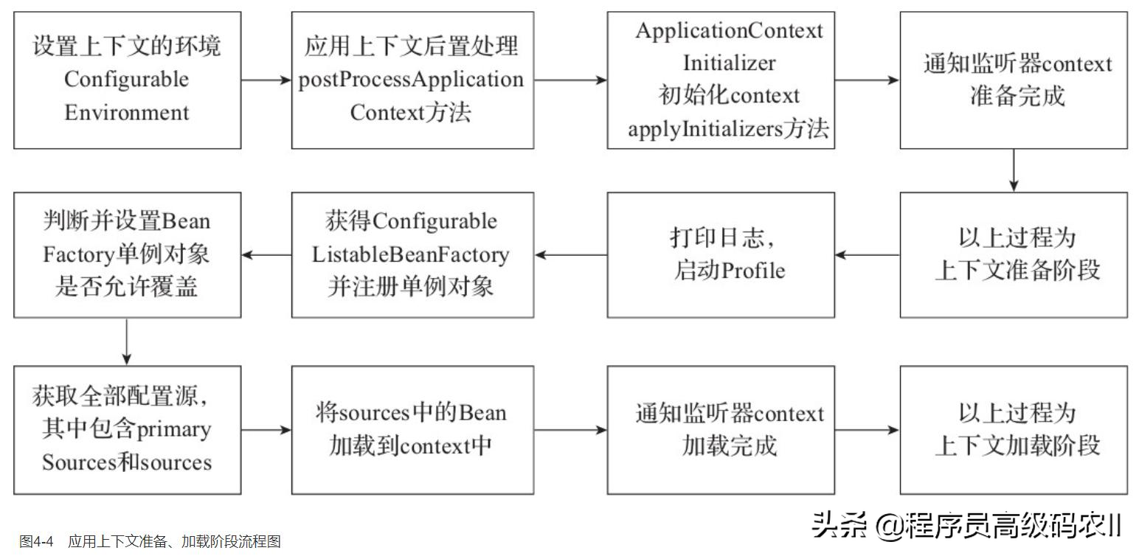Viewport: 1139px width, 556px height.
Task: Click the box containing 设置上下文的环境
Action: pyautogui.click(x=127, y=80)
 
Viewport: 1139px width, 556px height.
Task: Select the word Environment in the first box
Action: pyautogui.click(x=127, y=113)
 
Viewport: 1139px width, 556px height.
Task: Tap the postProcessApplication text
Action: pyautogui.click(x=412, y=80)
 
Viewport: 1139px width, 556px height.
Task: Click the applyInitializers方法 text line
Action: pyautogui.click(x=728, y=130)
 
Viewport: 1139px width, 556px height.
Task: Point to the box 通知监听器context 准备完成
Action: pyautogui.click(x=1014, y=80)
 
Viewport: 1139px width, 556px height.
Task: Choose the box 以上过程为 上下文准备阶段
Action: pyautogui.click(x=1014, y=254)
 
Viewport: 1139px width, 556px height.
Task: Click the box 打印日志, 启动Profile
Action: pyautogui.click(x=721, y=254)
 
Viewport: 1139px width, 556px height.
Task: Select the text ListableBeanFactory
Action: pyautogui.click(x=412, y=254)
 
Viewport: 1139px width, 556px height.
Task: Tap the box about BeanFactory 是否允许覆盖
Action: pyautogui.click(x=127, y=254)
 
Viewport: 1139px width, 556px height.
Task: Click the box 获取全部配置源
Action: pyautogui.click(x=127, y=430)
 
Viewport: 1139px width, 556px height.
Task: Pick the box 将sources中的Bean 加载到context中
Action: pyautogui.click(x=412, y=430)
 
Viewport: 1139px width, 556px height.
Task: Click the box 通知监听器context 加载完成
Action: pyautogui.click(x=721, y=430)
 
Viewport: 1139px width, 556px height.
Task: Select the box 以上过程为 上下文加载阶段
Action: pyautogui.click(x=1014, y=430)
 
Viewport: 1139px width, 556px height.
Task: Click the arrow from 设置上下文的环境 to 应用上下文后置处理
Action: pyautogui.click(x=266, y=80)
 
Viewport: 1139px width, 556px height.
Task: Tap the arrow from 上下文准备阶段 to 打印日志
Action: pyautogui.click(x=867, y=255)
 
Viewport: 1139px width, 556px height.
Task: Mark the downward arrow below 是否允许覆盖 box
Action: pyautogui.click(x=127, y=341)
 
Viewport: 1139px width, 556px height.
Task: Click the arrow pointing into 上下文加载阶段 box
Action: pyautogui.click(x=867, y=430)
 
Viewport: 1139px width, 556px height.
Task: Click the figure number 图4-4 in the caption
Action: pyautogui.click(x=36, y=542)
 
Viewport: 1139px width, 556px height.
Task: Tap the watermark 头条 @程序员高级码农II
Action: pyautogui.click(x=966, y=526)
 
